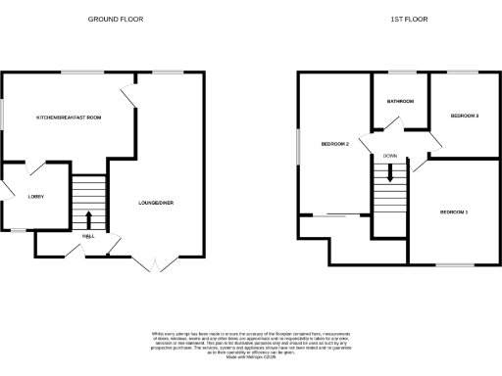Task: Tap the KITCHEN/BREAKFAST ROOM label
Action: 69,117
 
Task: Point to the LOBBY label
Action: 22,196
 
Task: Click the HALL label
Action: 88,235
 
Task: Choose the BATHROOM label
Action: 400,102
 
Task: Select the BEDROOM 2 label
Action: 335,145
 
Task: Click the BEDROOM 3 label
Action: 464,116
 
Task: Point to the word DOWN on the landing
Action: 390,156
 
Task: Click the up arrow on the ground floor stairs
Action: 89,218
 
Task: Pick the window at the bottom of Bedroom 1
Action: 453,264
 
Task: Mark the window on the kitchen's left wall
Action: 2,116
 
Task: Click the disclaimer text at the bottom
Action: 251,344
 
